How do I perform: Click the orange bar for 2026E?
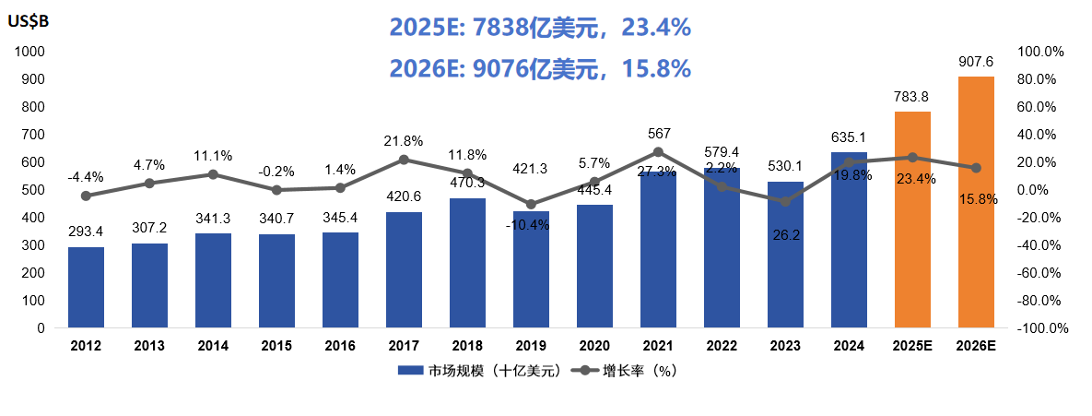coord(976,202)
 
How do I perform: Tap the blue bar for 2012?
coord(86,287)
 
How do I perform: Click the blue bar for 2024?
coord(849,240)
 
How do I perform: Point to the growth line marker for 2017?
coord(404,160)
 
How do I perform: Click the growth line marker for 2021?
coord(658,152)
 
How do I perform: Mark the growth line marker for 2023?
coord(785,201)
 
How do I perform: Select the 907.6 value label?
coord(976,62)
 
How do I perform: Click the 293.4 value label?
coord(86,232)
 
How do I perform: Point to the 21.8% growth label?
coord(404,141)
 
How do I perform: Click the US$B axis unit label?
coord(29,23)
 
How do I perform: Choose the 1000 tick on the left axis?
coord(29,52)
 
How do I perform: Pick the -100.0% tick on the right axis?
coord(1042,328)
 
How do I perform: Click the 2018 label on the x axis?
coord(467,346)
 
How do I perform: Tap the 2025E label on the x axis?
coord(912,346)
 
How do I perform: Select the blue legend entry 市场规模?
coord(478,372)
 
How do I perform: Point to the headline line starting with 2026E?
coord(540,68)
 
